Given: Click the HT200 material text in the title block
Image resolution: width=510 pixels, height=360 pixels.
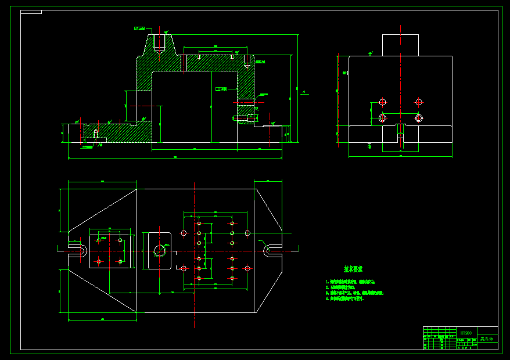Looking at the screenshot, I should [465, 333].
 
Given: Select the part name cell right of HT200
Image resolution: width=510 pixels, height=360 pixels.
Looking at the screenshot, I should [486, 339].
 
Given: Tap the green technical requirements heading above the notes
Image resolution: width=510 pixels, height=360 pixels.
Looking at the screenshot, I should [353, 269].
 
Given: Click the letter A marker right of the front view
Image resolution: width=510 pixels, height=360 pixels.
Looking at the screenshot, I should [304, 91].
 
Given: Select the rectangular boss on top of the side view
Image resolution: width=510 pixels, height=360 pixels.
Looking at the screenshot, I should [400, 45].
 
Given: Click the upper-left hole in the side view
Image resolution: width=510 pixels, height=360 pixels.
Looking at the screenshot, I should [382, 102].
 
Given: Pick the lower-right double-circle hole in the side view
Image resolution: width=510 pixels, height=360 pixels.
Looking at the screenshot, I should [418, 118].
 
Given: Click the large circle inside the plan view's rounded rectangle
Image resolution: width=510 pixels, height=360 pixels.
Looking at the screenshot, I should [160, 251].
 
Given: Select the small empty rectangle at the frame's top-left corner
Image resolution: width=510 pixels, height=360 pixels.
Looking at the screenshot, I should [31, 12].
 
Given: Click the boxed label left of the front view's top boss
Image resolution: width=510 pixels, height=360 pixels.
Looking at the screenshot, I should [139, 28].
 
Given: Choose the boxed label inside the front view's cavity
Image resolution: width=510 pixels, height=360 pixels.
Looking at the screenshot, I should [221, 89].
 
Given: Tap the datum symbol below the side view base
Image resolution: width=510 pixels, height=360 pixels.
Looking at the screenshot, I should [369, 146].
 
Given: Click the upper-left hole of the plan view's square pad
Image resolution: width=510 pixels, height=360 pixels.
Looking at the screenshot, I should [99, 240].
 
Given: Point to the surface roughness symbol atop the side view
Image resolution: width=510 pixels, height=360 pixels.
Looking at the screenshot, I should [370, 53].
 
